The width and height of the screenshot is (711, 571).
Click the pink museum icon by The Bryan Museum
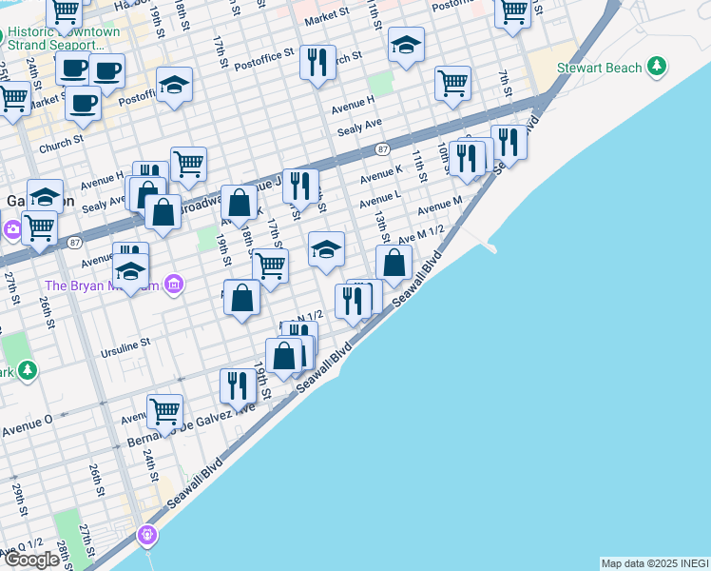[x=173, y=284]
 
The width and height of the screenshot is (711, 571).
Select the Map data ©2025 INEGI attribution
[x=654, y=563]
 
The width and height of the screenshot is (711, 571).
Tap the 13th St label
[x=380, y=226]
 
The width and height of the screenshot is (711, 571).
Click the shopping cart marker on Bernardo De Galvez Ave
[x=164, y=412]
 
